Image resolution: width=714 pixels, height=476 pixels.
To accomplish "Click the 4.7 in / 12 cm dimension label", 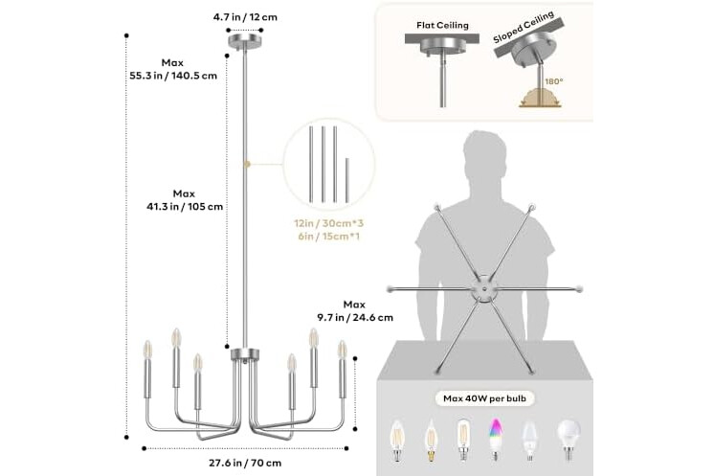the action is click(245, 17).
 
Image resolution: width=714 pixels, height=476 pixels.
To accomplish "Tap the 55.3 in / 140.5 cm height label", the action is click(173, 76).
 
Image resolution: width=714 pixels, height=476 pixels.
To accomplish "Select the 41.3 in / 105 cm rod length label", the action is click(185, 206).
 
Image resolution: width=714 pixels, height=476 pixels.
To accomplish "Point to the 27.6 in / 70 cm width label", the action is click(245, 463).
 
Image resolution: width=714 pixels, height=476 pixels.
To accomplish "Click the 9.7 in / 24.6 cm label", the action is click(355, 317).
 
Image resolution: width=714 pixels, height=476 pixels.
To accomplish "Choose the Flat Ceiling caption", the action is click(442, 25).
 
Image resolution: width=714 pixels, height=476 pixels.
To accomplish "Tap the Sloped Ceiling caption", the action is click(524, 28).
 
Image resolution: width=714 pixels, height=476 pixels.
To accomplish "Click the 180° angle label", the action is click(554, 81).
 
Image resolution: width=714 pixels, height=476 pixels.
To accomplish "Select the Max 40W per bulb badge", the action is click(484, 398).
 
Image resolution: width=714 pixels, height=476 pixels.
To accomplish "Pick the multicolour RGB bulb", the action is click(495, 439).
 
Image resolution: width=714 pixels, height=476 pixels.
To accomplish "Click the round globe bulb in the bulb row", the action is click(569, 439).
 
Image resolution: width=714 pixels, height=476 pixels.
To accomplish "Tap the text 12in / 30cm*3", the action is click(329, 224).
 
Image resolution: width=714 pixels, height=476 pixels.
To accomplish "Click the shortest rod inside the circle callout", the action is click(347, 180).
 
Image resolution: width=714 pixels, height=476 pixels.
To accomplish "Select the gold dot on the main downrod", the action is click(247, 164).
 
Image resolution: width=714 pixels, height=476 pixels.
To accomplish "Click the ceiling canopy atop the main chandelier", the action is click(245, 40).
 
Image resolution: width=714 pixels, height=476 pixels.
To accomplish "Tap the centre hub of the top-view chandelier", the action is click(484, 288).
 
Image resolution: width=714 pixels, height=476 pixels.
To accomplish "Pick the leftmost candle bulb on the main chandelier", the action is click(147, 350).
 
